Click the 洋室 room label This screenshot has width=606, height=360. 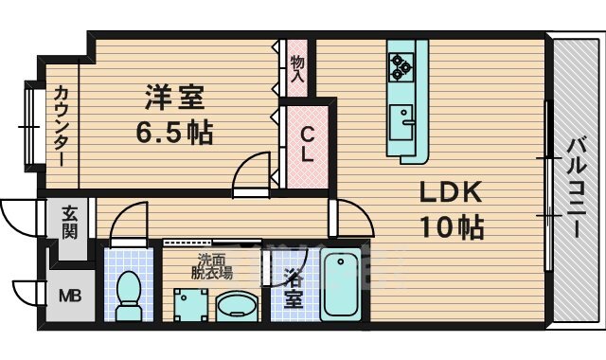(173, 98)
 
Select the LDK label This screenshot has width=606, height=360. (452, 193)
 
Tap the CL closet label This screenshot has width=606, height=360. (308, 144)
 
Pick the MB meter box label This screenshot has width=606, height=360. (70, 297)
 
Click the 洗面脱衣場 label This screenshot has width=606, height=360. (214, 266)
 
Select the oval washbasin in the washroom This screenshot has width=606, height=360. (238, 305)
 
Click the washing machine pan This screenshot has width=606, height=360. (189, 305)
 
